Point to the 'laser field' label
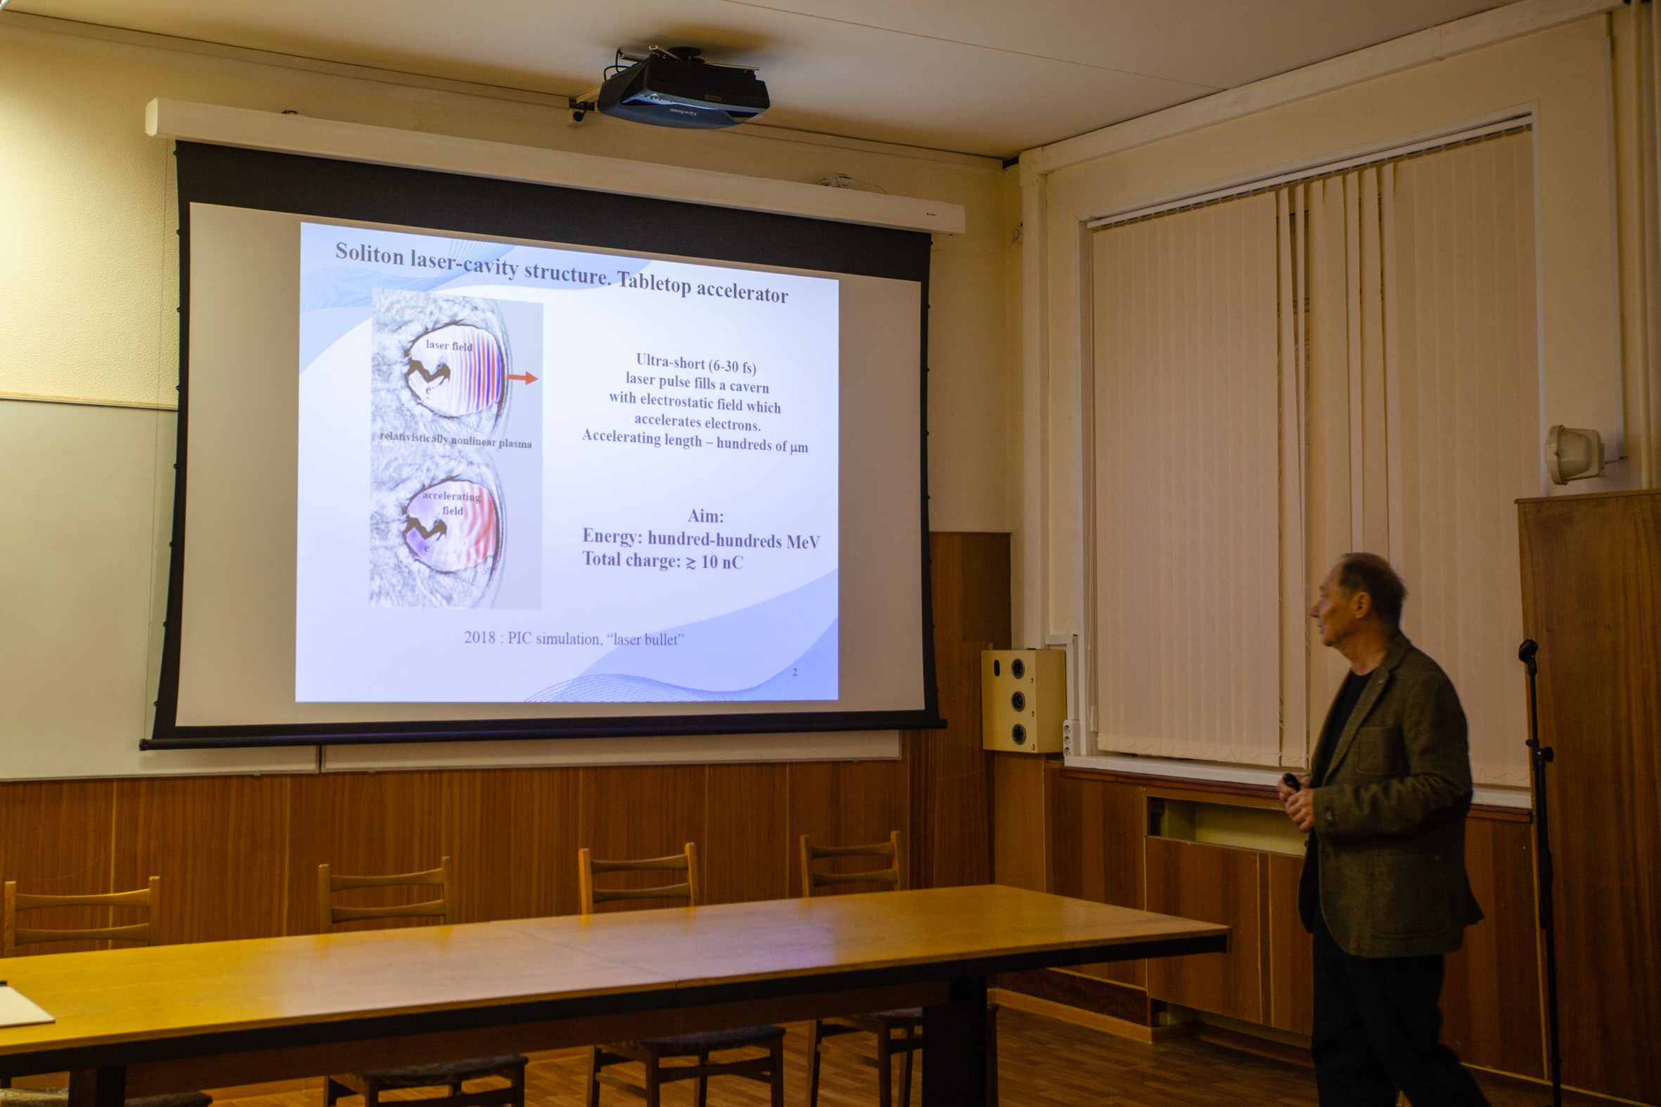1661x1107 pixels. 449,346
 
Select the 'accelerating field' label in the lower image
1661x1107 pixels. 451,503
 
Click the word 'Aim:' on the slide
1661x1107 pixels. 705,516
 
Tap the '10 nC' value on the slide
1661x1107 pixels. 722,562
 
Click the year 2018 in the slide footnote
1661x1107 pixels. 480,637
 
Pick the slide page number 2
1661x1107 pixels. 795,671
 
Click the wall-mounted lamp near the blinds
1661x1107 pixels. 1574,454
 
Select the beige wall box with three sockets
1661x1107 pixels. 1022,699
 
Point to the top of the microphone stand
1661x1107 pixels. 1527,648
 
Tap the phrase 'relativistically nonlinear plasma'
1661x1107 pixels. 456,440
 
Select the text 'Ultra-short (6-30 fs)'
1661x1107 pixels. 695,363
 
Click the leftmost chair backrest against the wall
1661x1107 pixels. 82,912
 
